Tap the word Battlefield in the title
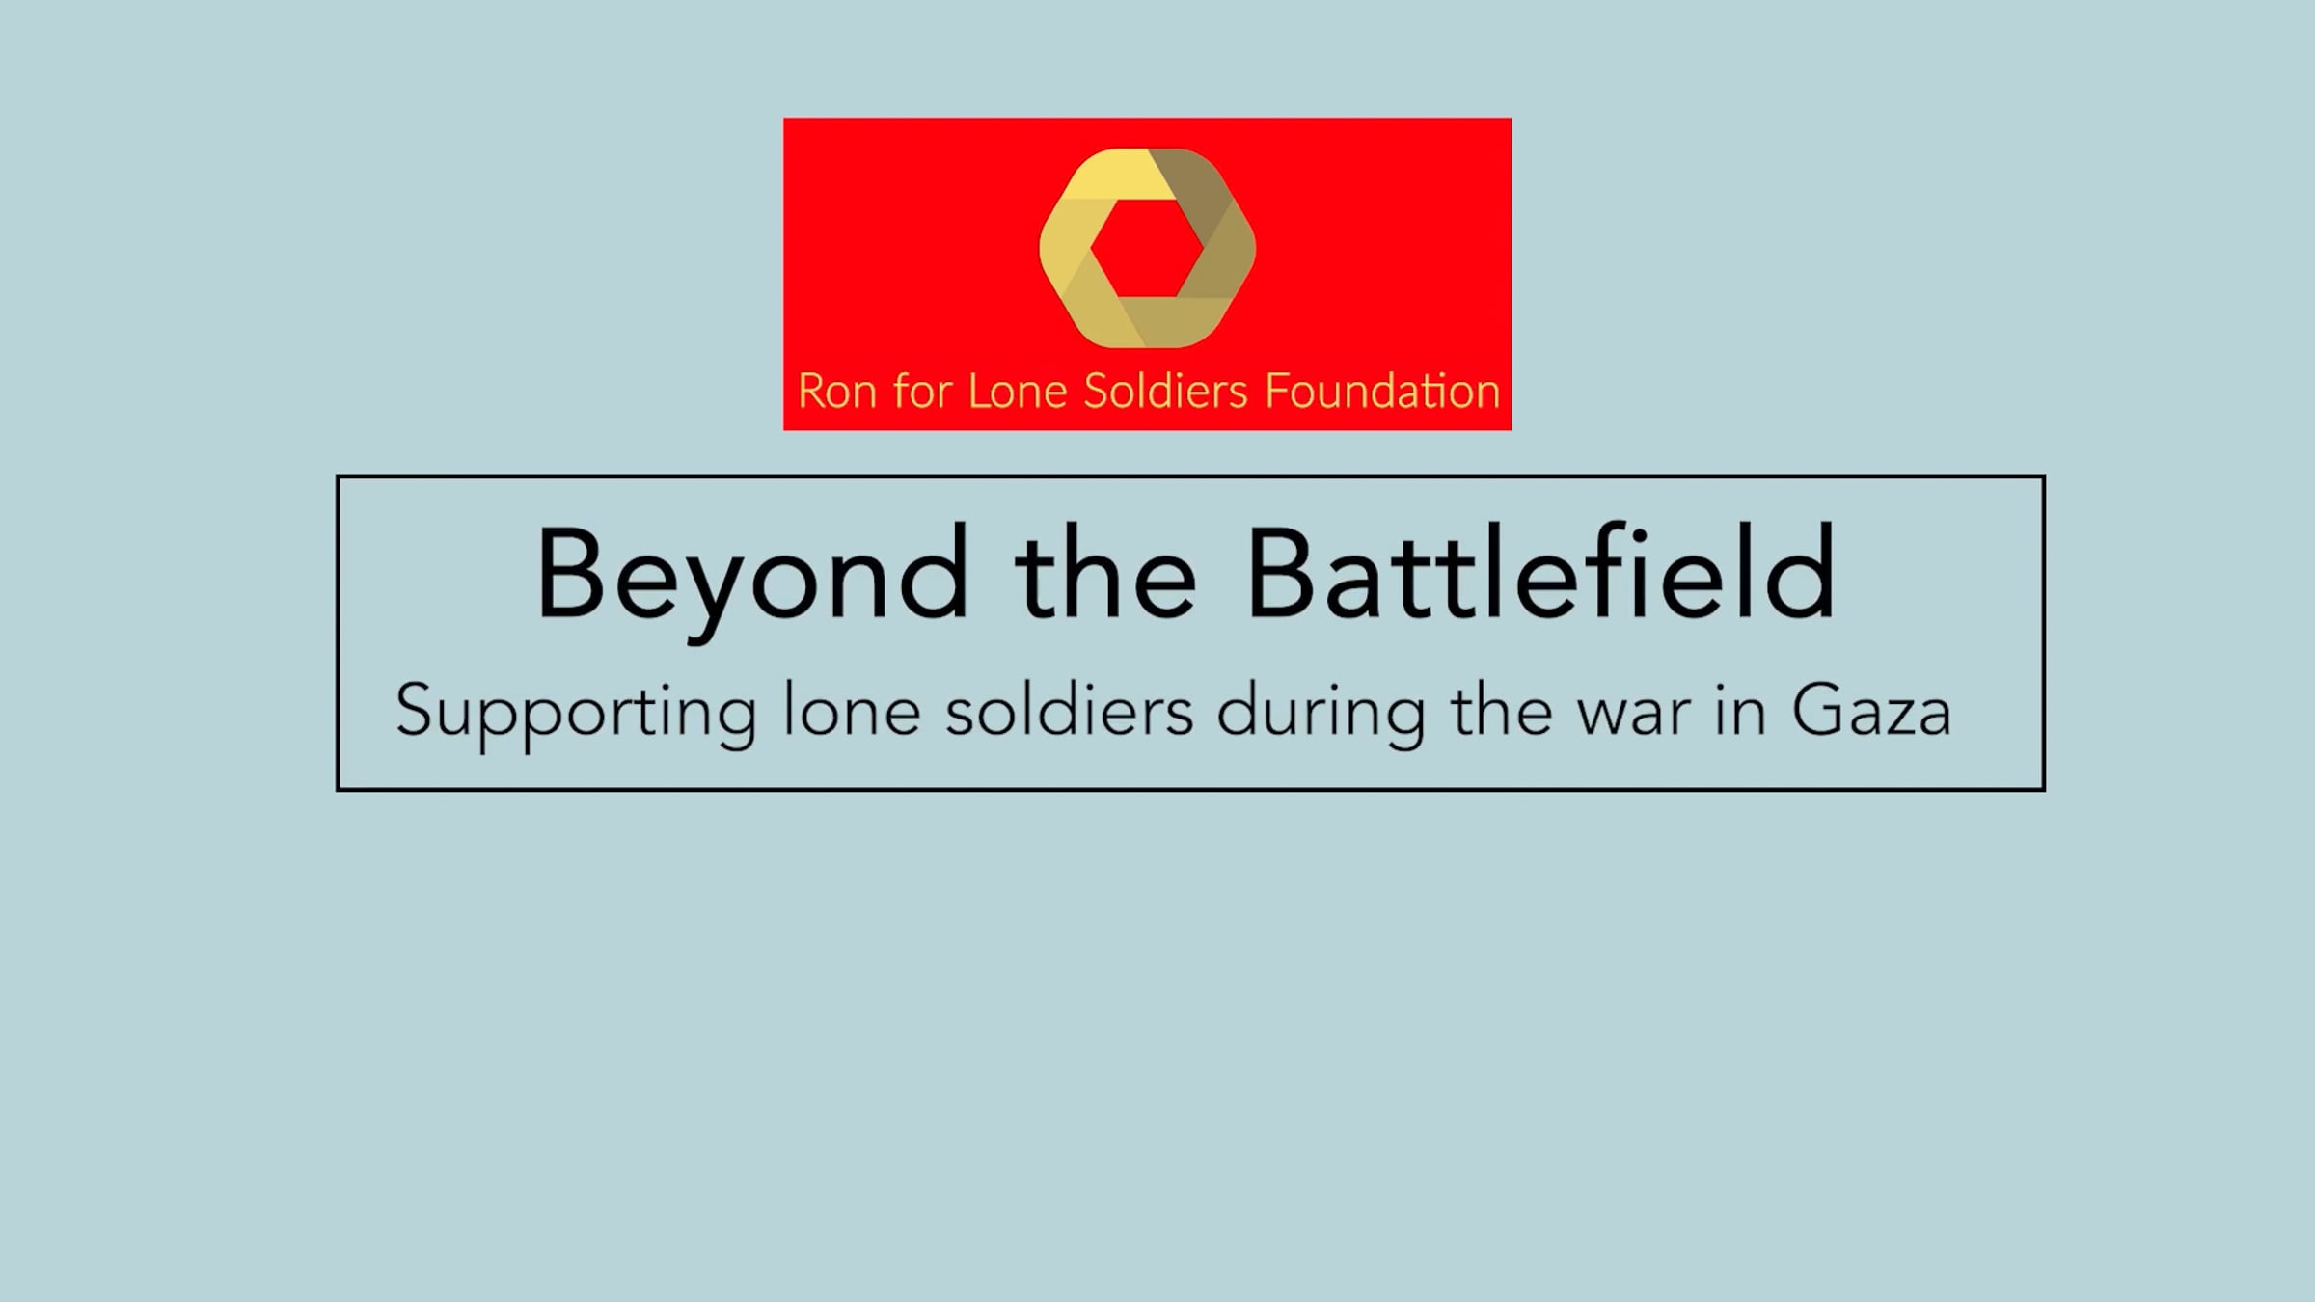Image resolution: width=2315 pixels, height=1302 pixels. pos(1540,571)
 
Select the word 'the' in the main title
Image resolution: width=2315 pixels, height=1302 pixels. pos(1105,573)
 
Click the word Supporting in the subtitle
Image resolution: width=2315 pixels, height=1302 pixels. pos(576,715)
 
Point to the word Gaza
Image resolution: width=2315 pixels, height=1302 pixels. pos(1871,712)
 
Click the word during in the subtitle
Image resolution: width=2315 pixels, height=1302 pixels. pos(1321,715)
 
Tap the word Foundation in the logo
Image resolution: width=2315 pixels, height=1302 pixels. pos(1381,392)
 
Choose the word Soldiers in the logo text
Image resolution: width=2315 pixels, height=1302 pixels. pos(1166,392)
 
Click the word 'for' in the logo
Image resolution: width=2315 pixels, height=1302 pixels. pos(922,391)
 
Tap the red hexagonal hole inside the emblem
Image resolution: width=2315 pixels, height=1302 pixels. pos(1147,249)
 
